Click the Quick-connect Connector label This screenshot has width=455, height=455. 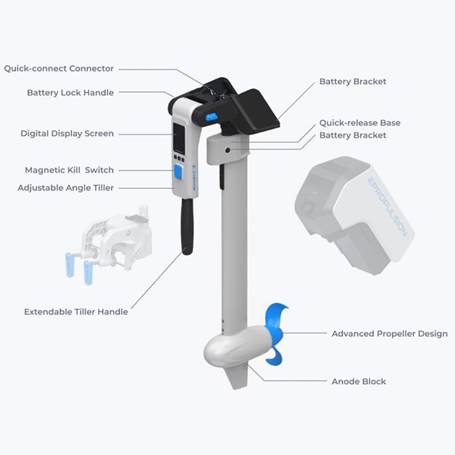pyautogui.click(x=59, y=69)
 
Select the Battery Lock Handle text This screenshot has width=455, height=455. pyautogui.click(x=70, y=93)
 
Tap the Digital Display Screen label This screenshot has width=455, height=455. pyautogui.click(x=67, y=134)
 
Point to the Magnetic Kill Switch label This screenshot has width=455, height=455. pyautogui.click(x=70, y=170)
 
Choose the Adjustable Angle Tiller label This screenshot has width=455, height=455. pyautogui.click(x=66, y=188)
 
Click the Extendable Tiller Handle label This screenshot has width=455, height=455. pyautogui.click(x=76, y=311)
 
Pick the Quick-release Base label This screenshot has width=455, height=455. pyautogui.click(x=360, y=123)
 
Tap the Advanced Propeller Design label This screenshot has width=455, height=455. pyautogui.click(x=390, y=333)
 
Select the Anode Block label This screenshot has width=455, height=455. pyautogui.click(x=359, y=382)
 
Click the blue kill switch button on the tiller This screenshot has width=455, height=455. pyautogui.click(x=178, y=171)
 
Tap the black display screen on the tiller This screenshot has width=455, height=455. pyautogui.click(x=179, y=138)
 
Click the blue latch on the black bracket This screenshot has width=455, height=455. pyautogui.click(x=211, y=116)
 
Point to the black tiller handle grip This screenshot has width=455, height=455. pyautogui.click(x=187, y=226)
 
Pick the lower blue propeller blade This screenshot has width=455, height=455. pyautogui.click(x=274, y=356)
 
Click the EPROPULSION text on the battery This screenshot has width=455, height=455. pyautogui.click(x=387, y=207)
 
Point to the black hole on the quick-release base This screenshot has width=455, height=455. pyautogui.click(x=227, y=150)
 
